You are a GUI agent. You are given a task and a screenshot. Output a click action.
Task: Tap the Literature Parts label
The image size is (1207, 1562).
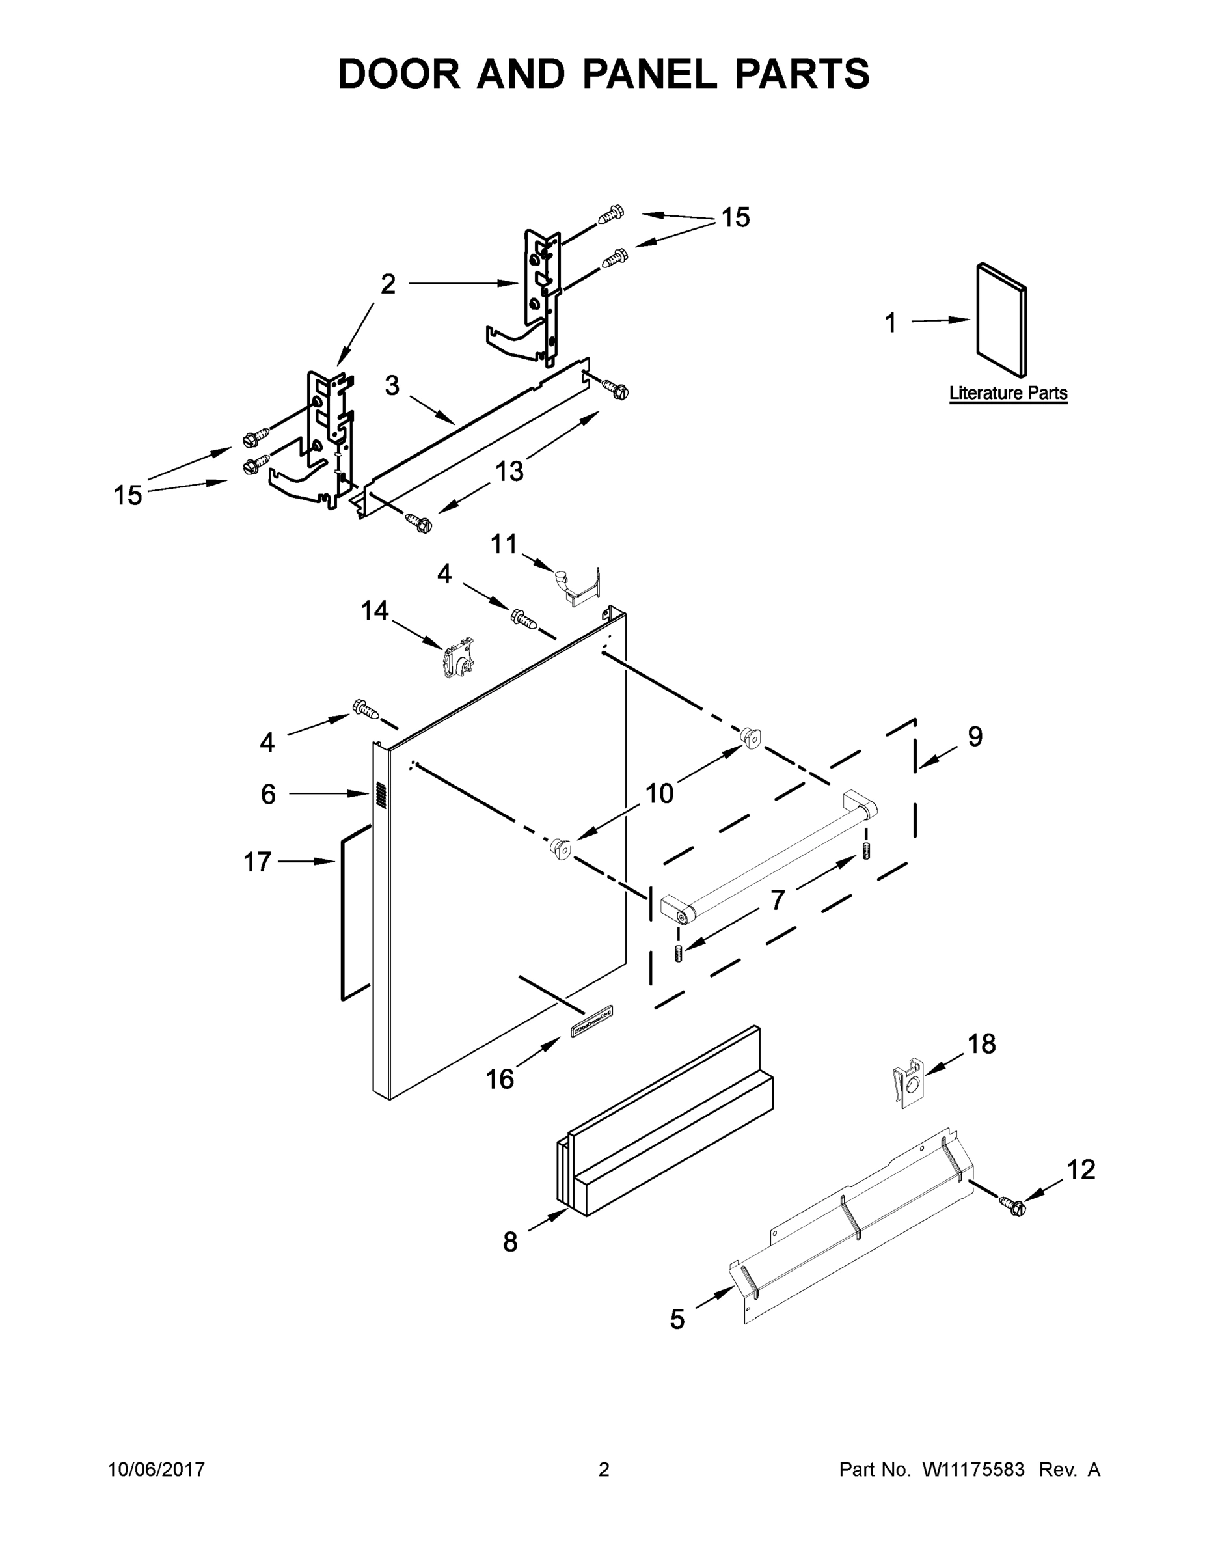[1007, 392]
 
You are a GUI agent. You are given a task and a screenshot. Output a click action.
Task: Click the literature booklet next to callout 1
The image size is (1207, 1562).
[1001, 319]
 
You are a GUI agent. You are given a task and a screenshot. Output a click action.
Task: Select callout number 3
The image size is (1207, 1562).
[392, 385]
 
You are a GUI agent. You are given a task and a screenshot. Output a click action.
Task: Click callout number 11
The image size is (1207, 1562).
[504, 544]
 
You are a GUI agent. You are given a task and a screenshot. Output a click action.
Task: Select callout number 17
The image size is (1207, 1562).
[258, 862]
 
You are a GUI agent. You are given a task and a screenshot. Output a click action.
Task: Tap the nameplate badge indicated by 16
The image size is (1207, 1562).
[592, 1032]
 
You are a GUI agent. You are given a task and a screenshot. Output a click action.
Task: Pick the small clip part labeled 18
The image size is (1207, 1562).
[909, 1088]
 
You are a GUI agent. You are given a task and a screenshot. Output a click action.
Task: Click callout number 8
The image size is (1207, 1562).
[510, 1242]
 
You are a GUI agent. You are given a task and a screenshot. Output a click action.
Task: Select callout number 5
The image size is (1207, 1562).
[677, 1319]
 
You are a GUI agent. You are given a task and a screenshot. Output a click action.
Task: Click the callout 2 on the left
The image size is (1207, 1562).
[388, 284]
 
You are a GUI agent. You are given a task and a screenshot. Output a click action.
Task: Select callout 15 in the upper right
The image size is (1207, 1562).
[735, 217]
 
